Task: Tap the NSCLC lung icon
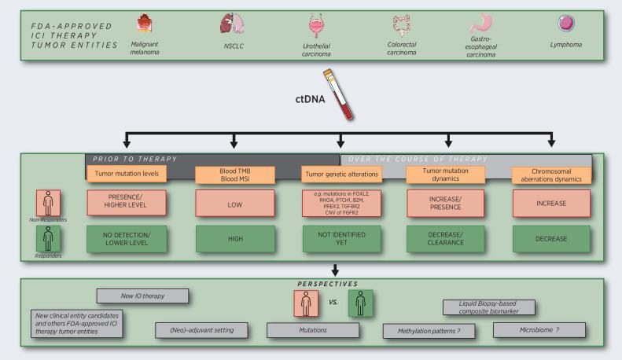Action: point(228,27)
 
